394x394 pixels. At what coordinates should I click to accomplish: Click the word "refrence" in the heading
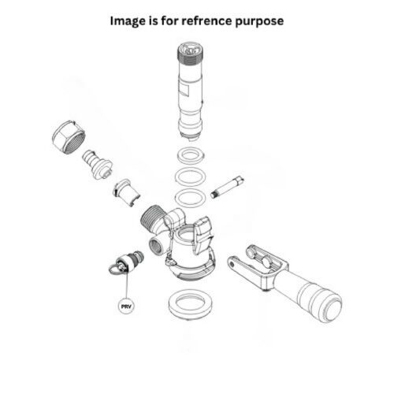[x=214, y=20]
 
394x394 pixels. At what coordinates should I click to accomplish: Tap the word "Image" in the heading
[x=128, y=20]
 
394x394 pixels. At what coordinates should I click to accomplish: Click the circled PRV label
[x=126, y=304]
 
